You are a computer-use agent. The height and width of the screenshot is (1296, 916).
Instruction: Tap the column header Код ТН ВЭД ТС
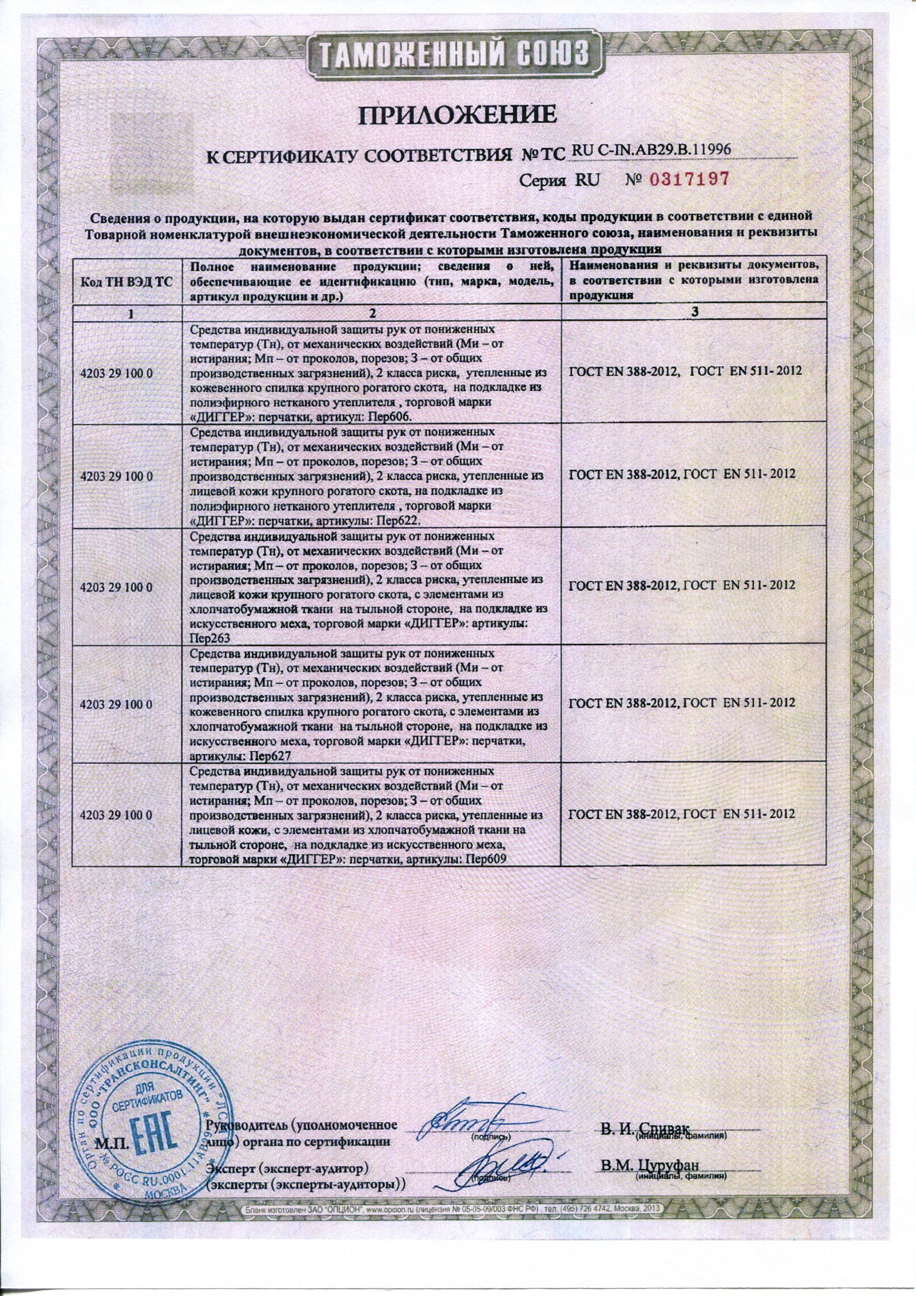[x=127, y=281]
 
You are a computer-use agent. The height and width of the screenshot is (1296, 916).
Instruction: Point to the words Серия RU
[x=549, y=181]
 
